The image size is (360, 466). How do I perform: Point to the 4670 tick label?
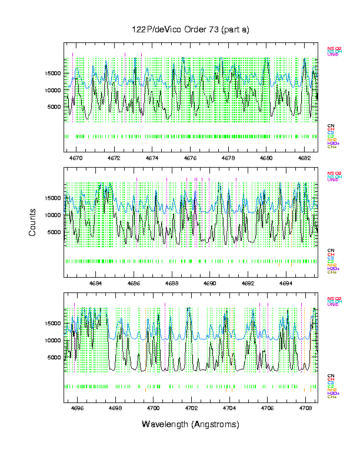coord(76,158)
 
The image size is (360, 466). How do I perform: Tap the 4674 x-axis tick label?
coord(152,158)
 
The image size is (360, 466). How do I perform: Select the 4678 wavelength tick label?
coord(228,158)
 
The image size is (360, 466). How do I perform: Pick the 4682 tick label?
coord(304,158)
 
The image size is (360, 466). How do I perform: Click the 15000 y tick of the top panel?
coord(52,74)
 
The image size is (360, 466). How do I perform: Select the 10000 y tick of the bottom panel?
coord(52,340)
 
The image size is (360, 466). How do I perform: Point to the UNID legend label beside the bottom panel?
coord(332,304)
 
